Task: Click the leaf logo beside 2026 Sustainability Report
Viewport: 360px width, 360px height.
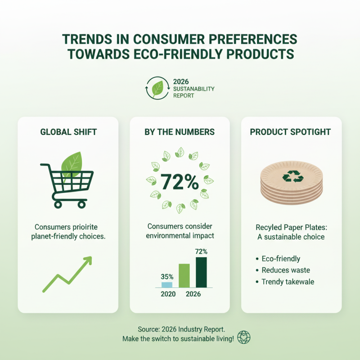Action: click(x=157, y=88)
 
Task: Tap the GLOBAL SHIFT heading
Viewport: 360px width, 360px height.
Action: click(x=68, y=132)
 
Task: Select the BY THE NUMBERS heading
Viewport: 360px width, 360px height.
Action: click(x=180, y=132)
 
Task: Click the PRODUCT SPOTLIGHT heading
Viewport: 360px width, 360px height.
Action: click(x=290, y=132)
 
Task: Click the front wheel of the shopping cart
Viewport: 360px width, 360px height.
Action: click(x=81, y=204)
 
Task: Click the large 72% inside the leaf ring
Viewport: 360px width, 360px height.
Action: click(x=180, y=182)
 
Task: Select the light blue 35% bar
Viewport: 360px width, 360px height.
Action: click(x=167, y=284)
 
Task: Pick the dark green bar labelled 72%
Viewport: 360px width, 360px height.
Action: click(x=201, y=272)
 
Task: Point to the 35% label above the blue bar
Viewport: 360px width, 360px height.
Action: click(x=167, y=277)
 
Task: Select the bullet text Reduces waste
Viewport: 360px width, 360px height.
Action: click(x=286, y=270)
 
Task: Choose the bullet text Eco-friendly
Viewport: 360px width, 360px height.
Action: click(x=281, y=259)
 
